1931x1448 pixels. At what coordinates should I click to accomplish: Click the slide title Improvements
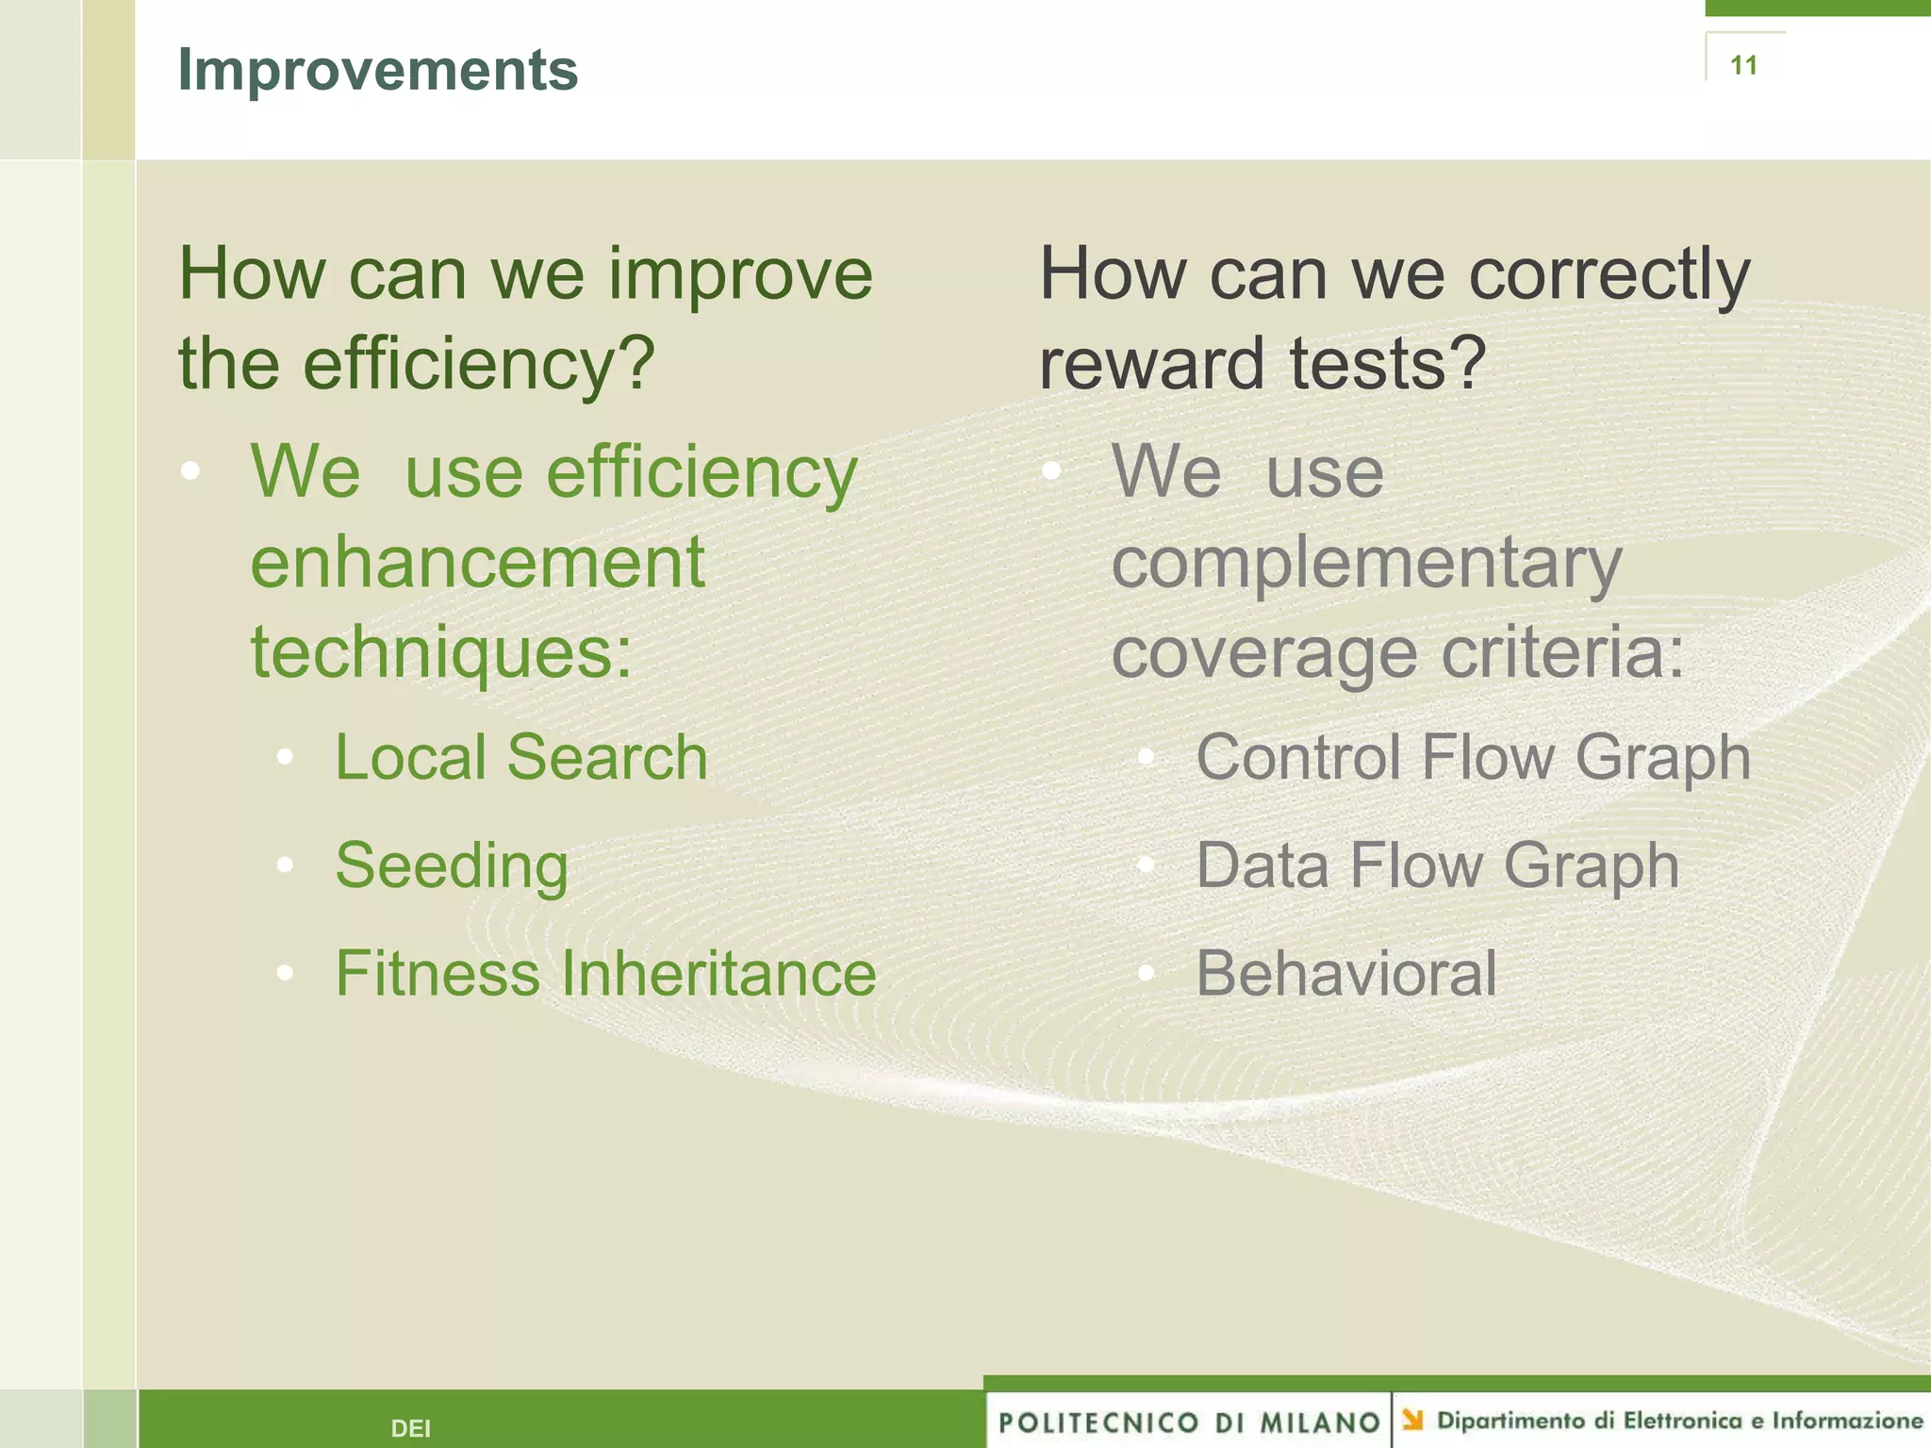tap(377, 71)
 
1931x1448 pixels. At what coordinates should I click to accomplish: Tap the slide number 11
tap(1743, 65)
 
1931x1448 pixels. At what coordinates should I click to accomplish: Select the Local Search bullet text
tap(520, 757)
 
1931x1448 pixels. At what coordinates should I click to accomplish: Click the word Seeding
tap(452, 865)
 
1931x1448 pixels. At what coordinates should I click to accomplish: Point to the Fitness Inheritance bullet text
tap(605, 973)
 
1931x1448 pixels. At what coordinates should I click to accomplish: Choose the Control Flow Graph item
tap(1473, 757)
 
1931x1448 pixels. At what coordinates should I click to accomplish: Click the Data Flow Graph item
tap(1437, 865)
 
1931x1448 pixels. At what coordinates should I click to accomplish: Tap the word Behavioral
tap(1345, 973)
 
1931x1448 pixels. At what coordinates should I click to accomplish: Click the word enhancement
tap(477, 563)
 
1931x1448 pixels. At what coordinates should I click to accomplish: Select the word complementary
tap(1366, 563)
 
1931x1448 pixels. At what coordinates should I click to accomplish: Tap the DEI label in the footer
tap(410, 1428)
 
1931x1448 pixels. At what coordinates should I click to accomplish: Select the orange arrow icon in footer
tap(1411, 1419)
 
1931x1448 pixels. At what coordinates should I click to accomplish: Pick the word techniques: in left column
tap(440, 652)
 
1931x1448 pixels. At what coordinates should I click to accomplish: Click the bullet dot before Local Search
tap(286, 757)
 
